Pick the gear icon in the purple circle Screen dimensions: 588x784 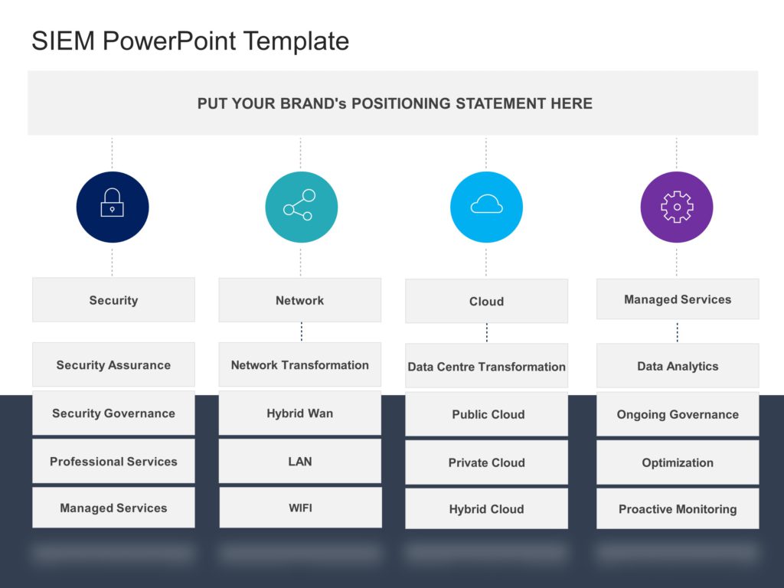point(677,207)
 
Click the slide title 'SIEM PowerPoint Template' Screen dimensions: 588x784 point(190,41)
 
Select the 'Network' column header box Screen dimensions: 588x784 point(300,300)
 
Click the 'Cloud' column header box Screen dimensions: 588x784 point(486,301)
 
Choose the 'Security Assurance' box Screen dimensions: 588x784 point(113,364)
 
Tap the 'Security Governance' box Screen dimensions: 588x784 point(113,413)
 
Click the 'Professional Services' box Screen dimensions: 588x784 point(113,461)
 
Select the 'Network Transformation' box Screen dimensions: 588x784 point(300,364)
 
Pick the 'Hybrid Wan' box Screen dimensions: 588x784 point(300,413)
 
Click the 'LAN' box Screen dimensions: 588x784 point(300,461)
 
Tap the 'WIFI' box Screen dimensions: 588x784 point(300,508)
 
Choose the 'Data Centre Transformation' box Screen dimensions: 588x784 point(486,366)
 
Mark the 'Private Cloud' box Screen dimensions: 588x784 point(486,462)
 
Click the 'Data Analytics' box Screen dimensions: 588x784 point(678,366)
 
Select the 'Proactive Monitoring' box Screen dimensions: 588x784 point(678,509)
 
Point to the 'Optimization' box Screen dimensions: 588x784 point(678,462)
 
